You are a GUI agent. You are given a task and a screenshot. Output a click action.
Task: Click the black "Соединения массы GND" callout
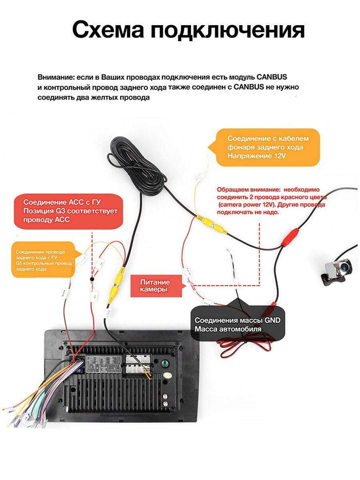coord(238,324)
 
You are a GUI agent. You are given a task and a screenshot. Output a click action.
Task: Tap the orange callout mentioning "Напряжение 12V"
coord(268,147)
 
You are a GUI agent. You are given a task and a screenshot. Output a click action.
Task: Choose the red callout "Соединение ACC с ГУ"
coord(67,211)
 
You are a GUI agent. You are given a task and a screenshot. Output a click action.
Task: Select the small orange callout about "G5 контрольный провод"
coord(44,260)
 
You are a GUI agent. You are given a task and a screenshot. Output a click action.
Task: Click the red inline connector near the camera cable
coord(290,237)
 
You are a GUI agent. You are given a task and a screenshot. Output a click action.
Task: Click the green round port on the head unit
coord(164,364)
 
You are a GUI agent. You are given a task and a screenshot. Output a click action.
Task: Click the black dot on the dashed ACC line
coord(92,279)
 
